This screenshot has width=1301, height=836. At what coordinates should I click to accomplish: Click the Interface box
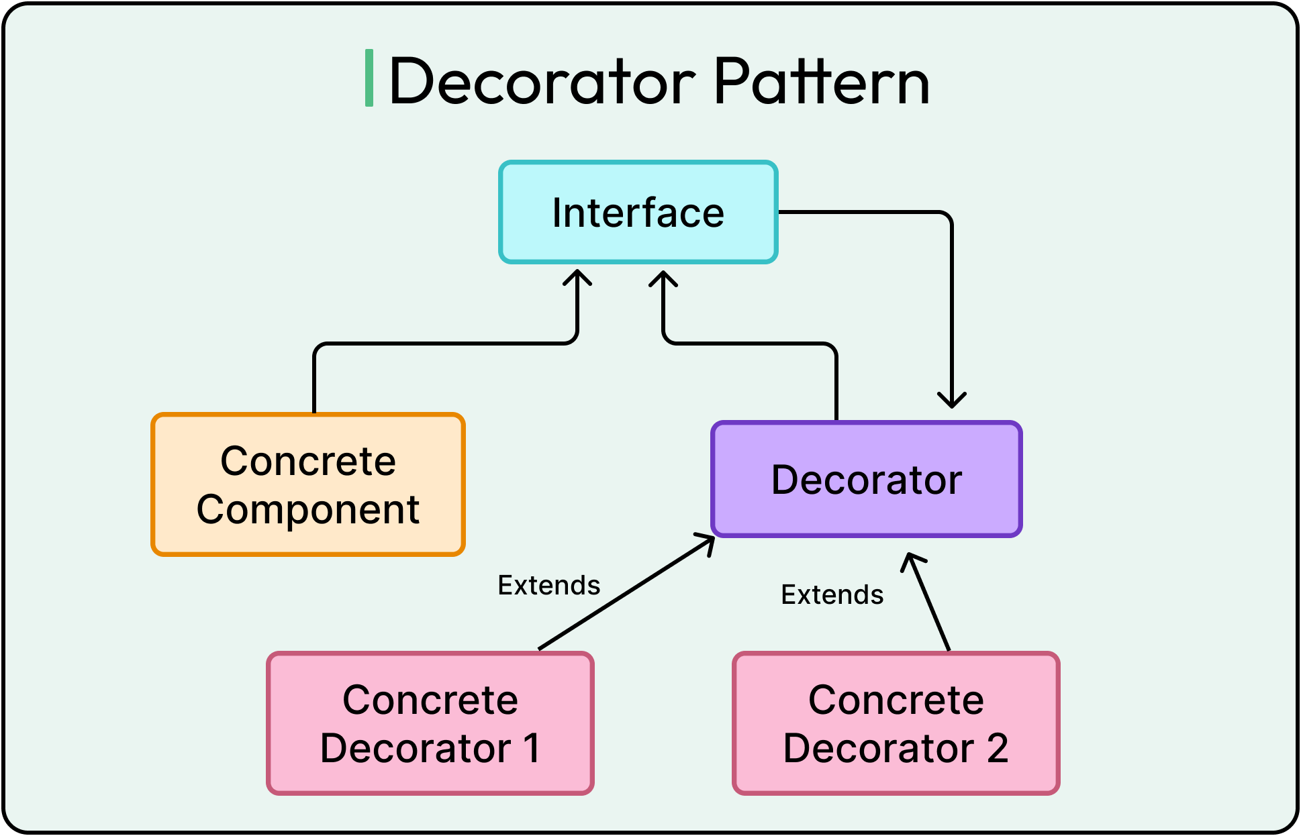click(638, 212)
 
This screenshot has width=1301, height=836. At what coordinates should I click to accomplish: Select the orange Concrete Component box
click(308, 484)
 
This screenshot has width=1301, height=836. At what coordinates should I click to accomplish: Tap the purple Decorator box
click(866, 479)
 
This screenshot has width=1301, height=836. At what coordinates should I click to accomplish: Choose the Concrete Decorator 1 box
click(430, 723)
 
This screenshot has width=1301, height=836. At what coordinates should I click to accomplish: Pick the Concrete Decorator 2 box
click(896, 723)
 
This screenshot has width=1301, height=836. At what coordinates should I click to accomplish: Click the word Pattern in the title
click(821, 82)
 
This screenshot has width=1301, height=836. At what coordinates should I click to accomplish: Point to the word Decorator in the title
click(542, 82)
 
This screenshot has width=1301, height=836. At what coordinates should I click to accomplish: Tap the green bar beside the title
click(369, 78)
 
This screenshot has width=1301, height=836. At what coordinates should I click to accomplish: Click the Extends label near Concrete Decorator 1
click(548, 586)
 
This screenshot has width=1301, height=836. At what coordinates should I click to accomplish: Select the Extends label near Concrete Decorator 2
click(832, 595)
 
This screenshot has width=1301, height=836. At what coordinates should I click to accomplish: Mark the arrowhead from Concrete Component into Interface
click(577, 276)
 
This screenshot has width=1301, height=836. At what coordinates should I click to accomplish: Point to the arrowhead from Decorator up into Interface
click(663, 278)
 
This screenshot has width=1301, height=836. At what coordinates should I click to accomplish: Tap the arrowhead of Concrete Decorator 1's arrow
click(708, 539)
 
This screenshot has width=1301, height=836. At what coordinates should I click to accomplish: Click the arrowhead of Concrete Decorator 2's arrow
click(912, 560)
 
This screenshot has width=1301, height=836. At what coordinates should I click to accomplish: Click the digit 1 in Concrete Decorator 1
click(532, 748)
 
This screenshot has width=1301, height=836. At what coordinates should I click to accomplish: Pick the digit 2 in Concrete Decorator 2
click(998, 748)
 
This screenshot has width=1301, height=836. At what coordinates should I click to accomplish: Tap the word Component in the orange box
click(308, 510)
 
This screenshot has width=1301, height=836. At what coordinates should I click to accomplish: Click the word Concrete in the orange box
click(308, 462)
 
